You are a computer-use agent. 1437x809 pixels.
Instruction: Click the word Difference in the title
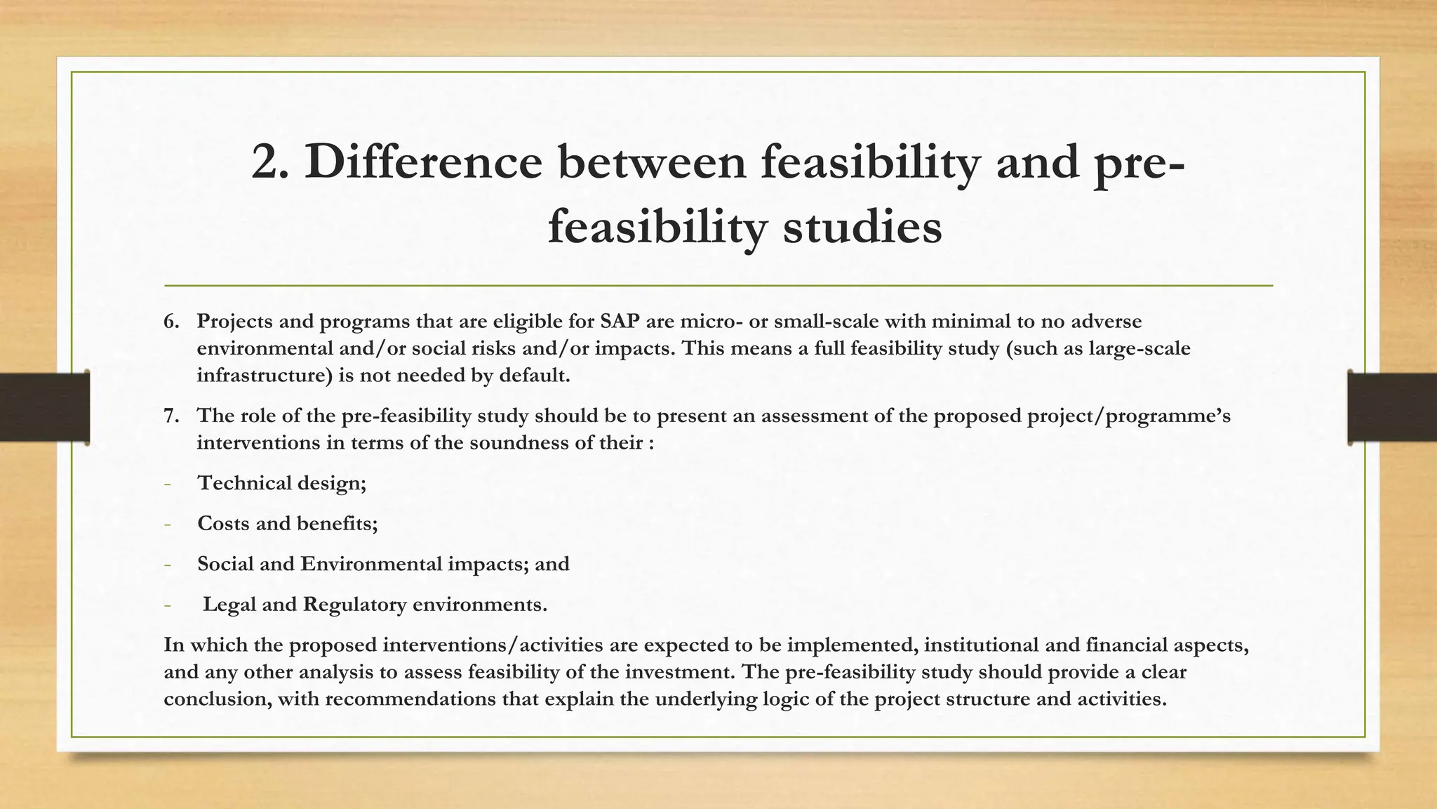point(423,162)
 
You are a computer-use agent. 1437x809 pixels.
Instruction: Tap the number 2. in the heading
point(269,162)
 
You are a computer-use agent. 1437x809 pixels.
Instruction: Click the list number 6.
point(171,322)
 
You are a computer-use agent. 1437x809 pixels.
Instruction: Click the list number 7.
point(171,416)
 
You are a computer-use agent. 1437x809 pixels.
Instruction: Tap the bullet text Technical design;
point(281,483)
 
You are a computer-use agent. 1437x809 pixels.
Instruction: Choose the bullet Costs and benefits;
point(287,523)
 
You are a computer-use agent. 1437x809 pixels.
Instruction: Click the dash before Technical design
point(167,484)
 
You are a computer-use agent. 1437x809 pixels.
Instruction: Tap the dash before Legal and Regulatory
point(167,605)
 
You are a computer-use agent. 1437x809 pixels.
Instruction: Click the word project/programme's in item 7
point(1128,416)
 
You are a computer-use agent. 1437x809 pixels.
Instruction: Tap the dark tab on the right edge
point(1392,407)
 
